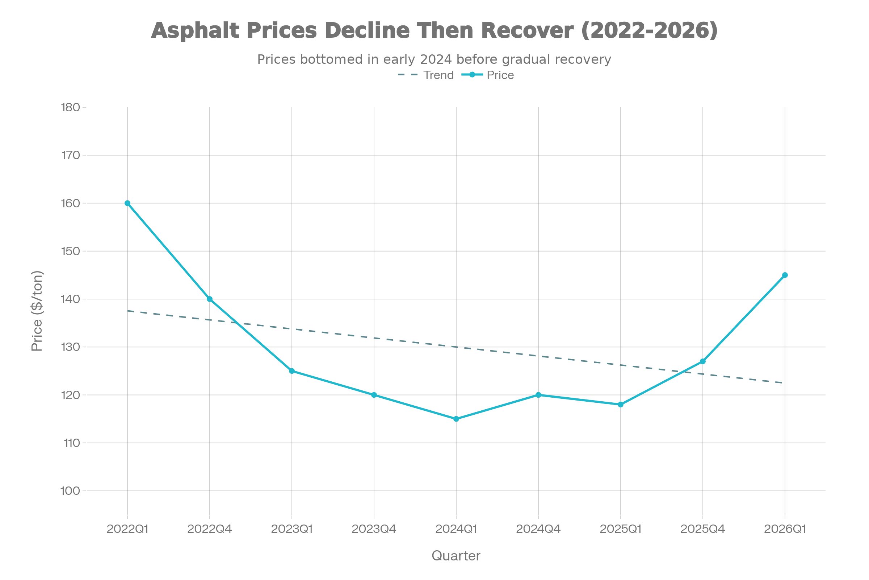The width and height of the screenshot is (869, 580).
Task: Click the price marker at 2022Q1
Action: coord(127,203)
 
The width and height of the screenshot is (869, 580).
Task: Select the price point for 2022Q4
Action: coord(210,299)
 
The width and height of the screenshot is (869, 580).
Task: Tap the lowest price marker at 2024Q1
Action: coord(456,419)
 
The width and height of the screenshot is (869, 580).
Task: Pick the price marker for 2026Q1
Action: coord(785,275)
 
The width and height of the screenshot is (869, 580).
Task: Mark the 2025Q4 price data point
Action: coord(702,361)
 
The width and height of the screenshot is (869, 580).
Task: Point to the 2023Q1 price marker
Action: coord(292,370)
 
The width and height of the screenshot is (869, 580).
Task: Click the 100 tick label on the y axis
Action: coord(70,490)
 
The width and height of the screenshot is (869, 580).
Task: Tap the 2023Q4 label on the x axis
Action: coord(374,529)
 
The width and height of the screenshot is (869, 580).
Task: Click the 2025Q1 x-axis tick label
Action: coord(620,529)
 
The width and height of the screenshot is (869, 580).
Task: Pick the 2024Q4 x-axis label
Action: coord(538,529)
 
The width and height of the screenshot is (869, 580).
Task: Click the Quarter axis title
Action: coord(456,556)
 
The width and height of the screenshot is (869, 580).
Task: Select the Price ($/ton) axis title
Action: coord(37,311)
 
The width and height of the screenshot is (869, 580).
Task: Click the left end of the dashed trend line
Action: coord(128,311)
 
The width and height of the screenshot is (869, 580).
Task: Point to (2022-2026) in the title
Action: coord(649,30)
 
